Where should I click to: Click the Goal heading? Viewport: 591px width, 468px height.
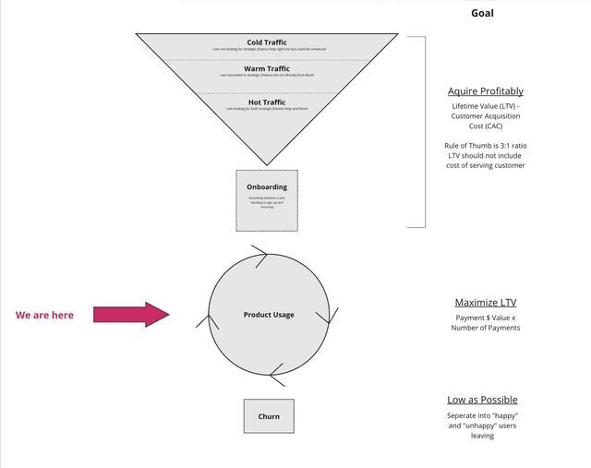[482, 13]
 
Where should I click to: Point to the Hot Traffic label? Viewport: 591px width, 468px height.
[267, 102]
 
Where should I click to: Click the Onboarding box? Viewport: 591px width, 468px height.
[267, 200]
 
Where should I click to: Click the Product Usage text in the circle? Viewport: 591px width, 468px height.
[269, 315]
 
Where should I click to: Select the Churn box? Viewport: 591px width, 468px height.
[269, 416]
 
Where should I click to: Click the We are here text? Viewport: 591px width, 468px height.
[44, 316]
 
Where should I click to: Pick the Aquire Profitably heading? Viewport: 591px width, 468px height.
[485, 91]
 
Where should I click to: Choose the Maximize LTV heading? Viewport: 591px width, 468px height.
[485, 303]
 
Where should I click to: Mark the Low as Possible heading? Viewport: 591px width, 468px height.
[482, 400]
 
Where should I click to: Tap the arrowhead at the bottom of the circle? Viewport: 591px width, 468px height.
[276, 374]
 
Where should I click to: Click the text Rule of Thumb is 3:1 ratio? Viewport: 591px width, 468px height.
[485, 146]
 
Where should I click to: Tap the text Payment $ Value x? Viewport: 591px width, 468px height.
[486, 318]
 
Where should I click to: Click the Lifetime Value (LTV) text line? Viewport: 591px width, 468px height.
[485, 107]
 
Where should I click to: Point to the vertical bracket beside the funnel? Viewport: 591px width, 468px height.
[425, 131]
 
